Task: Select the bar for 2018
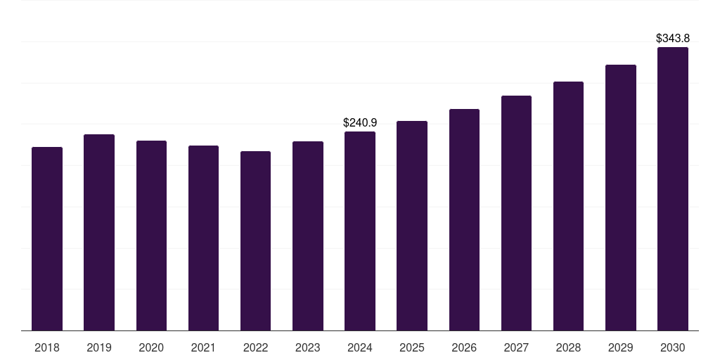(x=47, y=239)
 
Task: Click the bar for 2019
(x=99, y=232)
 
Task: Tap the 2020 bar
(x=151, y=236)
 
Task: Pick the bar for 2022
(x=255, y=240)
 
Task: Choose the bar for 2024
(x=360, y=231)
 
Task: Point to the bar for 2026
(x=464, y=219)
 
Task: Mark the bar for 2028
(x=568, y=206)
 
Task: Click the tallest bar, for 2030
(x=673, y=188)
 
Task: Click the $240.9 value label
(x=360, y=122)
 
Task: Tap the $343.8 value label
(x=673, y=38)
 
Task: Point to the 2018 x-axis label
(x=47, y=347)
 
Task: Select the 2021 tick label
(x=203, y=347)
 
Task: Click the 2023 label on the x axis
(x=308, y=347)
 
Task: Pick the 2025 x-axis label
(x=412, y=347)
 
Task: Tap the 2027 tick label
(x=516, y=347)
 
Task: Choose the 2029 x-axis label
(x=621, y=347)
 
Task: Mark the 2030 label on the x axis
(x=673, y=347)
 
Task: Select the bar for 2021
(x=203, y=238)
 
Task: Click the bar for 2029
(x=621, y=198)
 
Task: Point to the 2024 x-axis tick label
(x=360, y=347)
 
